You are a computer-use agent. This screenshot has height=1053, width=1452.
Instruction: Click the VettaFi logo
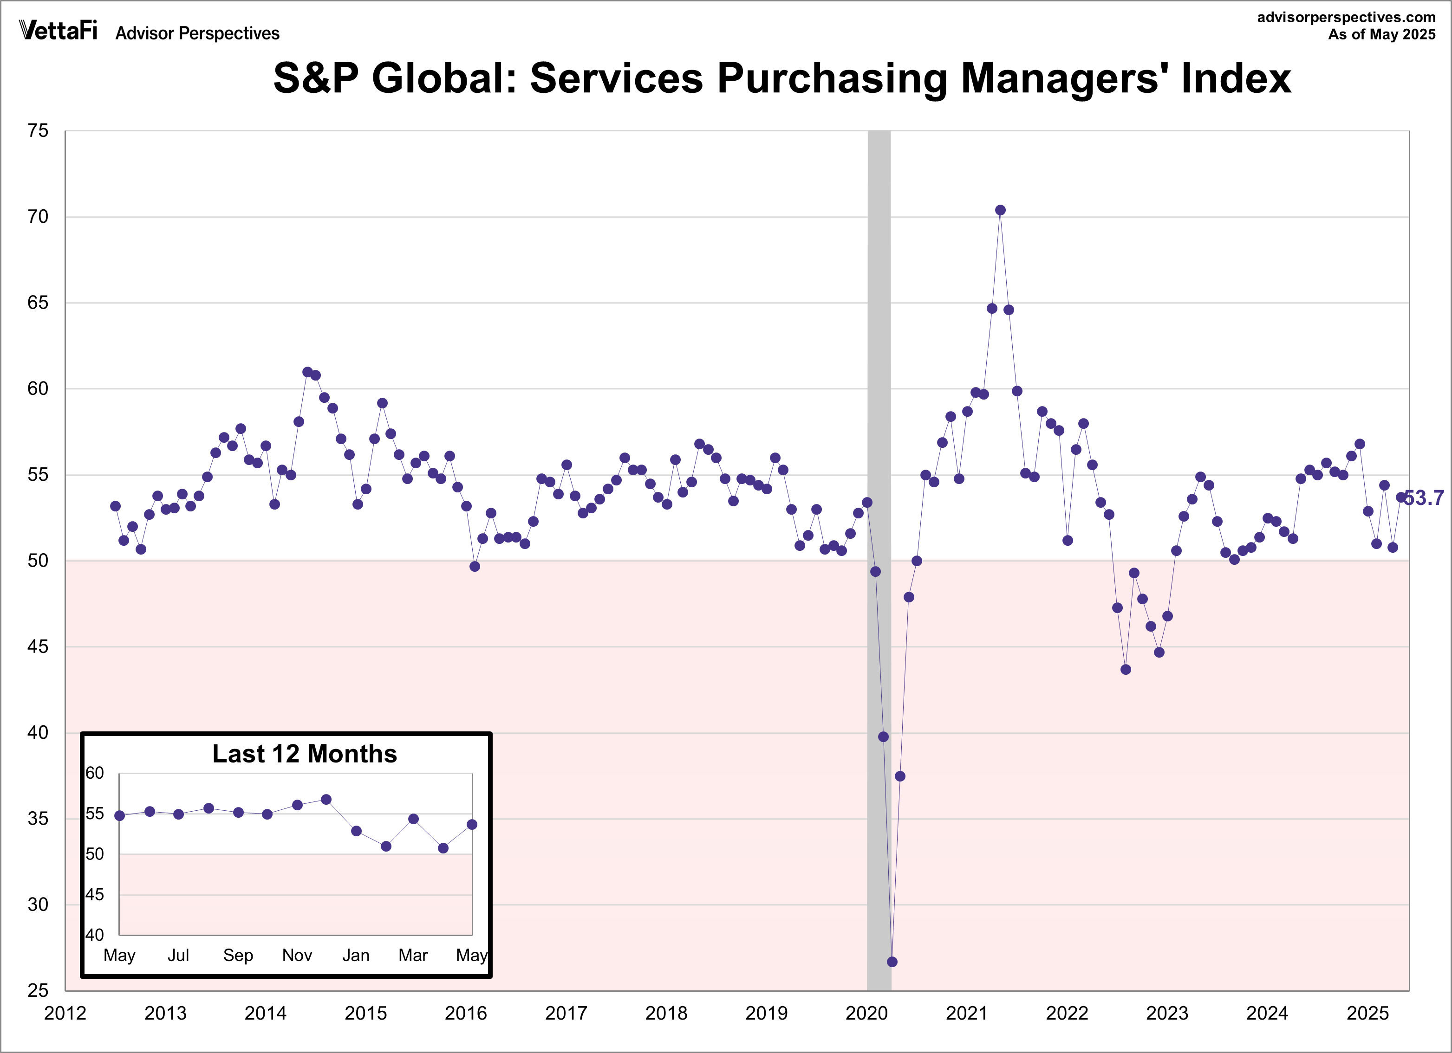(58, 30)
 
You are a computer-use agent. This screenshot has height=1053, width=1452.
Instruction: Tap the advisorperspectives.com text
(1346, 17)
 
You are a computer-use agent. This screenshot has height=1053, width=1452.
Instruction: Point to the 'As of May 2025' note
(1381, 34)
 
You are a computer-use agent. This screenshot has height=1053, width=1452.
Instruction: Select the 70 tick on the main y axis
(38, 217)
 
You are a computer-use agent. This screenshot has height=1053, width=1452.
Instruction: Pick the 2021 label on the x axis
(966, 1014)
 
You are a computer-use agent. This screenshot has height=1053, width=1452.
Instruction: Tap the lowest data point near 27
(892, 962)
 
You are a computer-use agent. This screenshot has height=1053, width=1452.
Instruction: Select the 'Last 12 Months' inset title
(305, 754)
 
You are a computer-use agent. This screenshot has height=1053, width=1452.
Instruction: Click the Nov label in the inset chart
(297, 955)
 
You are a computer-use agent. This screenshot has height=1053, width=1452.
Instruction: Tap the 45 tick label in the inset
(95, 894)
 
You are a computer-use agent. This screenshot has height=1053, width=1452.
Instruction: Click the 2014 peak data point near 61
(307, 372)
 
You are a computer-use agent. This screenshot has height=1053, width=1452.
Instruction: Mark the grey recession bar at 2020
(879, 448)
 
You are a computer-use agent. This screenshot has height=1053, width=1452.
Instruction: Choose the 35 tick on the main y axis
(38, 819)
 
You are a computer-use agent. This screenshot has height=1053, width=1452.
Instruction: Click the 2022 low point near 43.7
(1126, 670)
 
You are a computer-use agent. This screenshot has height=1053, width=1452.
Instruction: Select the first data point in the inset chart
(120, 816)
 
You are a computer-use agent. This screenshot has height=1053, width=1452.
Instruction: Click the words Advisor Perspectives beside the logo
(197, 33)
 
